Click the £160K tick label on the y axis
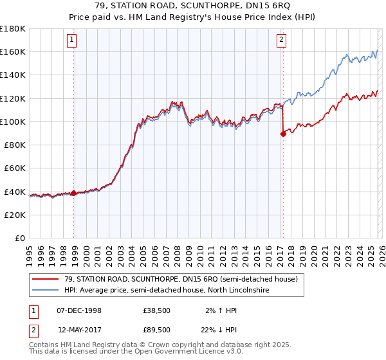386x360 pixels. (x=13, y=51)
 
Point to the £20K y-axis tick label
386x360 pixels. (x=15, y=215)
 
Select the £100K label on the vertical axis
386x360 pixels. (x=13, y=122)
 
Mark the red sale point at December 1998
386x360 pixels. (x=74, y=192)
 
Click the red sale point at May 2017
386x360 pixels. (x=282, y=134)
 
